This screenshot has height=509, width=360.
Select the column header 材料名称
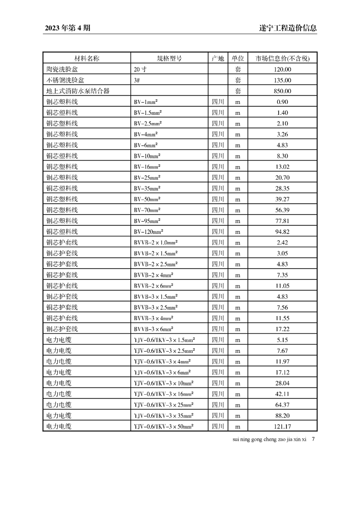tap(87, 59)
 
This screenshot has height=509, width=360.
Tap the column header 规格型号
tap(169, 59)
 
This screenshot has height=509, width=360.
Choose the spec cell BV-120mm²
tap(149, 231)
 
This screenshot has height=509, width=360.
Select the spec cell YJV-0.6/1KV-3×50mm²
tap(164, 426)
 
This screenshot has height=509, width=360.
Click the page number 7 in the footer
tap(313, 439)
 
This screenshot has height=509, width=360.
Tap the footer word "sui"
tap(235, 440)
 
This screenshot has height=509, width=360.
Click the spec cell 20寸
tap(140, 69)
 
